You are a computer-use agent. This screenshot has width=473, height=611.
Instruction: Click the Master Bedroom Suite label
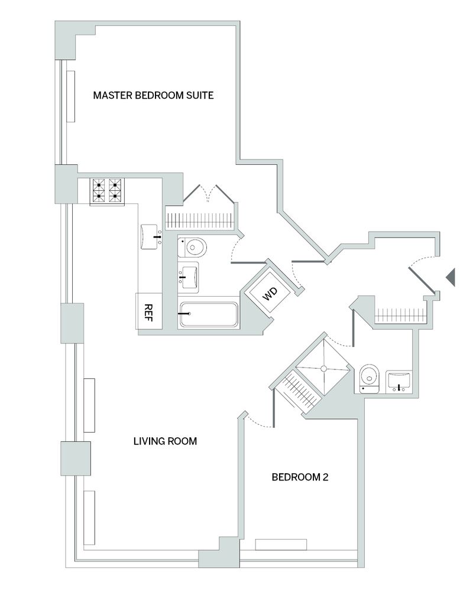point(153,95)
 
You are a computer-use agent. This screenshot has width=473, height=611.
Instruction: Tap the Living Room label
point(164,441)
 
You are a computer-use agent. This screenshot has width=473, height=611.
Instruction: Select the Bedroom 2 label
point(299,477)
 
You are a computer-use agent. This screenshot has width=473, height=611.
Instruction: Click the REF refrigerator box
point(149,311)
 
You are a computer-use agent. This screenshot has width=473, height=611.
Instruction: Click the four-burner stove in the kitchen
point(107,191)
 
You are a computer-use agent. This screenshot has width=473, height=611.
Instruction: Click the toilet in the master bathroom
point(193,246)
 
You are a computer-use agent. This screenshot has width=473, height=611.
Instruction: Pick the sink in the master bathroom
point(189,276)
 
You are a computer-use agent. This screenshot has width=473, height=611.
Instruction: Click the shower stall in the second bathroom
point(323,369)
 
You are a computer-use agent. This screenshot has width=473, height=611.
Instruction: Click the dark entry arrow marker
point(450,276)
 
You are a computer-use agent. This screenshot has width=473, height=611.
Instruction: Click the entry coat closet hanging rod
point(401,313)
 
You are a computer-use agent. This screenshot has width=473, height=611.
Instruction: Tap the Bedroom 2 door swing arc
point(258,420)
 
